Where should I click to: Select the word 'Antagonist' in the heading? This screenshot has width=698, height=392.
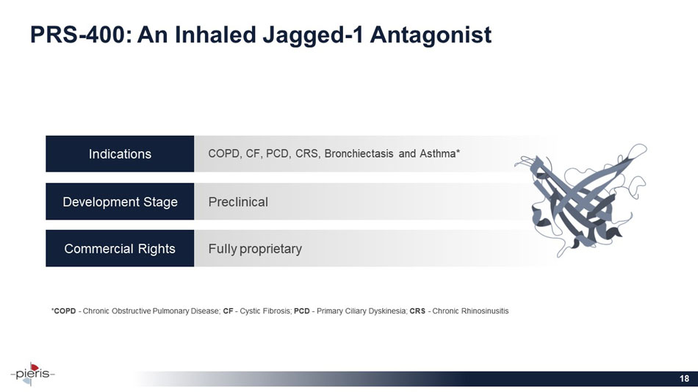pos(431,35)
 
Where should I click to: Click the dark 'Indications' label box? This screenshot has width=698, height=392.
pos(120,154)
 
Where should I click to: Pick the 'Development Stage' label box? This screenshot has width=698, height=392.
pos(120,202)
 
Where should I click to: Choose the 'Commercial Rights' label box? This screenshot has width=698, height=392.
pos(120,248)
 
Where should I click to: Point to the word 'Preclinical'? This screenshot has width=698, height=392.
pos(238,202)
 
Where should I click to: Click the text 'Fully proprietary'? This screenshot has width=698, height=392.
pos(255,249)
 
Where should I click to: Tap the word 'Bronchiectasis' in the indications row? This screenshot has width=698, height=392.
pos(359,154)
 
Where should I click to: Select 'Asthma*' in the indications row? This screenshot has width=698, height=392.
pos(440,154)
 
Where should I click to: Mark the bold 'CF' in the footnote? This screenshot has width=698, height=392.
pos(228,311)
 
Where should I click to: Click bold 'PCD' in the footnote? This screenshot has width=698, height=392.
pos(302,311)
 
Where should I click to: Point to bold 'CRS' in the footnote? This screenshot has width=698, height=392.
pos(417,311)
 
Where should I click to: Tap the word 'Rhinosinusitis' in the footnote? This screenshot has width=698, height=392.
pos(485,311)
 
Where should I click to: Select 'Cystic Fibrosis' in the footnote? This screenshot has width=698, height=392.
pos(265,311)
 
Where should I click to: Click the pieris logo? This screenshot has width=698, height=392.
pos(32,374)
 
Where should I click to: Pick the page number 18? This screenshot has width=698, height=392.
pos(684,379)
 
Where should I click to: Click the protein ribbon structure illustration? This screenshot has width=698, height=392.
pos(582,200)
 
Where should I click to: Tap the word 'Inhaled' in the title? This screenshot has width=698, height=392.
pos(215,35)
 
